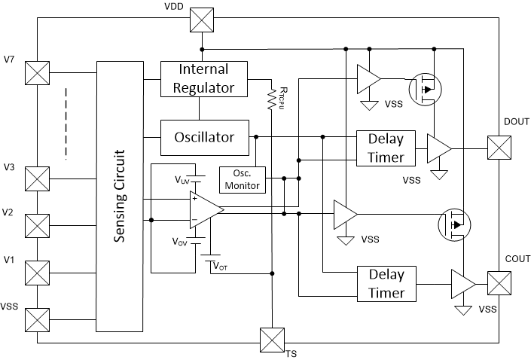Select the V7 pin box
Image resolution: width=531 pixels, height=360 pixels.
(x=36, y=73)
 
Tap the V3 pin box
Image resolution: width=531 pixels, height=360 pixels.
(x=36, y=179)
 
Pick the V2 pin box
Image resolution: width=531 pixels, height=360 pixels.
(x=36, y=225)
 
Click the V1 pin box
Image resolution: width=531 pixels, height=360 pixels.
(x=36, y=272)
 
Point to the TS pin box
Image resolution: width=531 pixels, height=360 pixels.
(x=270, y=339)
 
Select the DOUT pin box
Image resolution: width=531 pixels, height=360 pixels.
(x=499, y=147)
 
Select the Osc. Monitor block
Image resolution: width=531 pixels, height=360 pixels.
(x=243, y=178)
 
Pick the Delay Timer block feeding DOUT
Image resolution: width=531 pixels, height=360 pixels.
(x=386, y=148)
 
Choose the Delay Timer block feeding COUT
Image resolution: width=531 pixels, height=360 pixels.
(x=386, y=284)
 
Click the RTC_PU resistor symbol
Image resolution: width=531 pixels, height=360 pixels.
(x=270, y=99)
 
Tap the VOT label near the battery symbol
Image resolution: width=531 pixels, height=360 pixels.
(x=220, y=265)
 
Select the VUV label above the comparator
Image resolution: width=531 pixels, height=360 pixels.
(x=182, y=181)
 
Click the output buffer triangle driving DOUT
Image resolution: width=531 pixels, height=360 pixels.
(x=438, y=148)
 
